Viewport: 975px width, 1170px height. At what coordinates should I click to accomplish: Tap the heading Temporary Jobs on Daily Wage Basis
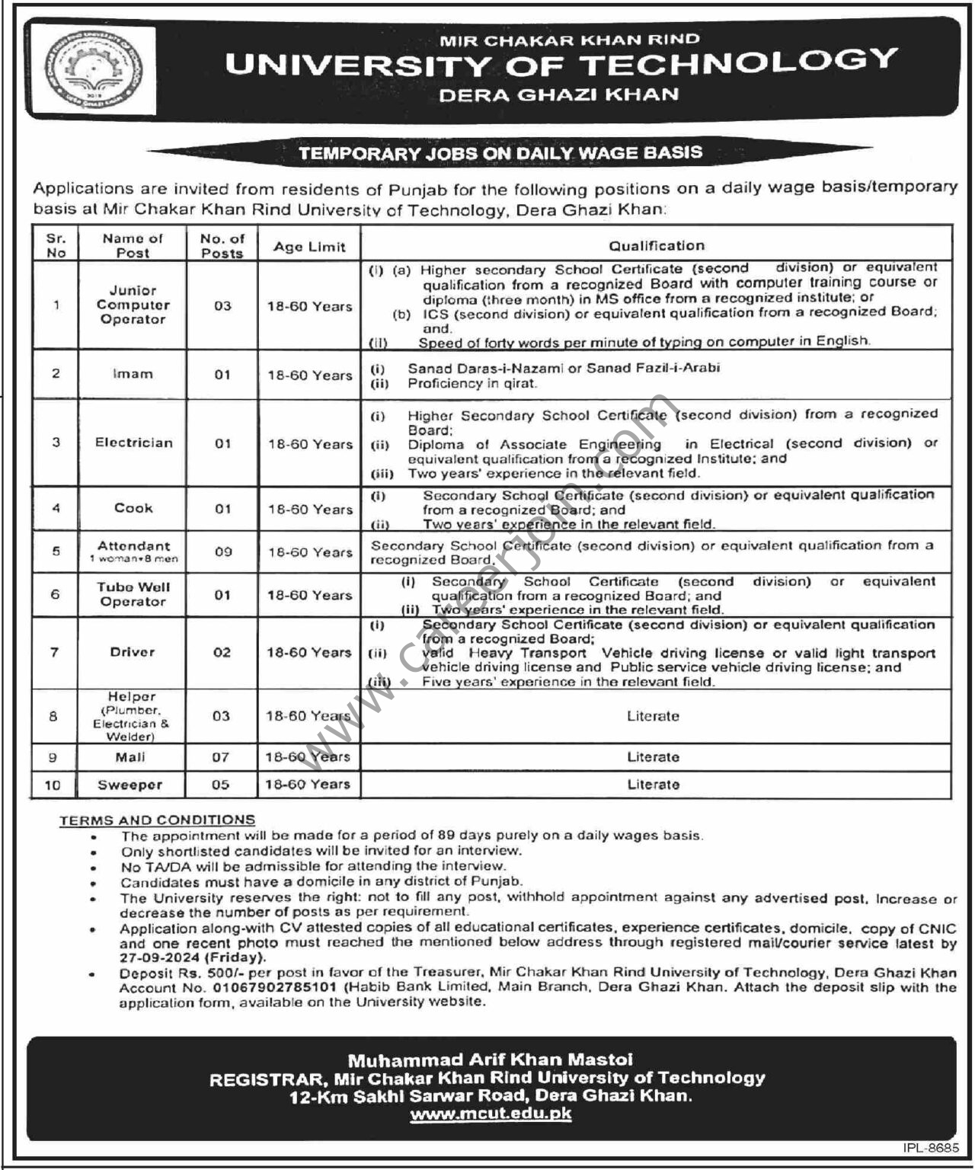pyautogui.click(x=500, y=152)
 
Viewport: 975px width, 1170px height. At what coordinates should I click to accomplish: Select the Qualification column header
pyautogui.click(x=656, y=245)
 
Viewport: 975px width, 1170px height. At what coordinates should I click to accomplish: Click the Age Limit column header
pyautogui.click(x=309, y=247)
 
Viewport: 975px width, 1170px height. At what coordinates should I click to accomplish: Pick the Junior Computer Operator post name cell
pyautogui.click(x=133, y=305)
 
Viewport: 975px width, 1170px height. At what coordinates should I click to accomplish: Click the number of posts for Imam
pyautogui.click(x=222, y=375)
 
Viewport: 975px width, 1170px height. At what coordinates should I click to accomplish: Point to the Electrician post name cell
pyautogui.click(x=133, y=443)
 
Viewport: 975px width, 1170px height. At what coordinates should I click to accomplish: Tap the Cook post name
pyautogui.click(x=133, y=508)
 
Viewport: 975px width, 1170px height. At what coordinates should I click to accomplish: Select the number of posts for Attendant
pyautogui.click(x=222, y=551)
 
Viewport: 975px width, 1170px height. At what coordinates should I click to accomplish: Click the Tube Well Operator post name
pyautogui.click(x=133, y=594)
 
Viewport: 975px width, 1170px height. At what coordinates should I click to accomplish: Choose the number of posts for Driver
pyautogui.click(x=222, y=653)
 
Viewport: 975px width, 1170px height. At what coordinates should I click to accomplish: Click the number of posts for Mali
pyautogui.click(x=220, y=757)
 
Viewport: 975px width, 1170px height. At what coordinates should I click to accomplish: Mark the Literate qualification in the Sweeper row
pyautogui.click(x=653, y=785)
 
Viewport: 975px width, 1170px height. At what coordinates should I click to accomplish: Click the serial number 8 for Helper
pyautogui.click(x=53, y=716)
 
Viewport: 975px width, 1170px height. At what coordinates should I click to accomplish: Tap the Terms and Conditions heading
pyautogui.click(x=157, y=820)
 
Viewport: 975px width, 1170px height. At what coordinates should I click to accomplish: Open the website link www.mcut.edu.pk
pyautogui.click(x=491, y=1114)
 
